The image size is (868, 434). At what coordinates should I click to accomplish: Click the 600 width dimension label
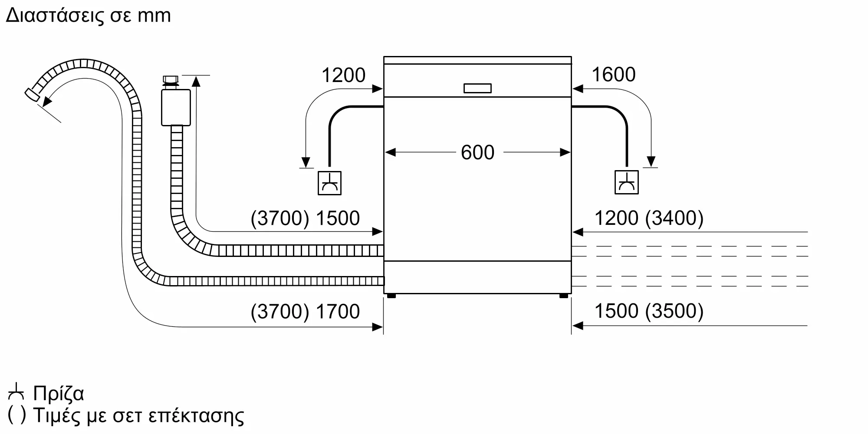click(477, 152)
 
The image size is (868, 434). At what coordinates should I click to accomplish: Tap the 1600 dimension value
click(613, 75)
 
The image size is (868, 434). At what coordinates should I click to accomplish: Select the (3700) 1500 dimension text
click(305, 218)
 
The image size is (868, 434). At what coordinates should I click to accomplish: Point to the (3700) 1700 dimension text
click(305, 311)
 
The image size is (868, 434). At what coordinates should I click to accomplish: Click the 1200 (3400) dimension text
click(648, 218)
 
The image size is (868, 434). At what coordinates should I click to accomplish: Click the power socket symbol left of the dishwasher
click(329, 183)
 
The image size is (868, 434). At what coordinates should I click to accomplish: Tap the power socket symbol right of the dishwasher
click(626, 182)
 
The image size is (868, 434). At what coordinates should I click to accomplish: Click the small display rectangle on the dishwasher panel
click(477, 88)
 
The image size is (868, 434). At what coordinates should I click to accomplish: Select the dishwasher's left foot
click(391, 296)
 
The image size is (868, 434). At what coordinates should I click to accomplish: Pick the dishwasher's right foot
click(563, 296)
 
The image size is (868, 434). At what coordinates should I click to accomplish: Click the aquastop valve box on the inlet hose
click(176, 108)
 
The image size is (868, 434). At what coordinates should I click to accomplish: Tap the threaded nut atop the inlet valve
click(170, 80)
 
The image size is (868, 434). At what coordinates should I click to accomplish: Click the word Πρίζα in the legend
click(59, 393)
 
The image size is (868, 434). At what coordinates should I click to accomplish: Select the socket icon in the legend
click(16, 392)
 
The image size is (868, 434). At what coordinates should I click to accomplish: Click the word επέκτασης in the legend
click(196, 416)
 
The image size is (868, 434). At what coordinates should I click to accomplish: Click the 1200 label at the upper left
click(343, 76)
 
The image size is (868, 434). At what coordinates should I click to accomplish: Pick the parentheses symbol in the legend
click(17, 415)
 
